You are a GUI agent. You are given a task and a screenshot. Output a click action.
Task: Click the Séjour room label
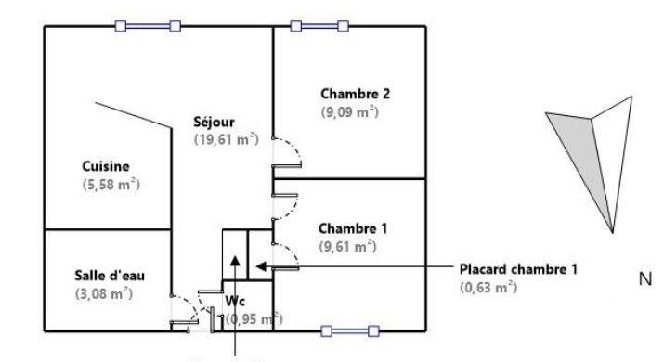214,122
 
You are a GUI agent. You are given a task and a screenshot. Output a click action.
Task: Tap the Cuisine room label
105,166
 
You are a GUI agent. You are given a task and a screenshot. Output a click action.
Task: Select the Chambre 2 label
355,93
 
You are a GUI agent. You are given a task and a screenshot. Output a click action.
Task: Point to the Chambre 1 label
352,227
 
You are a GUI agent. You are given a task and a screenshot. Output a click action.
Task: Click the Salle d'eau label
110,276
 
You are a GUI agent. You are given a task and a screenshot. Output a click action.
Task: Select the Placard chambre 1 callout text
519,269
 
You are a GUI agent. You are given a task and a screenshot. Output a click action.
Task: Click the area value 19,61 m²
226,140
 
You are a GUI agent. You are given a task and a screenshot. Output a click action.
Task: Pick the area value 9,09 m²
350,111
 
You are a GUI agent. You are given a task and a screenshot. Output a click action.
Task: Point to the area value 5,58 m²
111,185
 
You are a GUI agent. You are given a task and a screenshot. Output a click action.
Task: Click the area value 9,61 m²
346,246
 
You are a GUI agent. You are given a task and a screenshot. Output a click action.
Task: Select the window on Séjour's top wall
148,26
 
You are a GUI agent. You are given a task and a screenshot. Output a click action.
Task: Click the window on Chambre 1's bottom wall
350,330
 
